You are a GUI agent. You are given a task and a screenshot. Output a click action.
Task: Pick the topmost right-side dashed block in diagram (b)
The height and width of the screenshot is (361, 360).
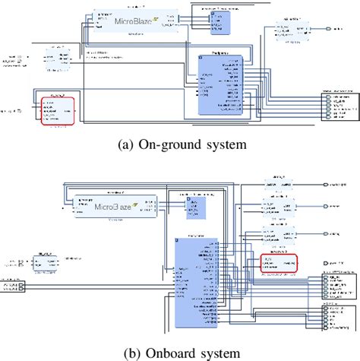click(276, 186)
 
